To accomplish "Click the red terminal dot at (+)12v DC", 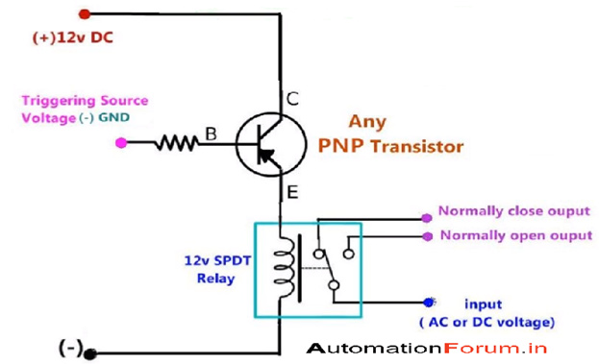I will tap(85, 14).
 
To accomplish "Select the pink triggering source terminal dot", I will tap(120, 143).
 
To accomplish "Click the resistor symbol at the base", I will tap(177, 143).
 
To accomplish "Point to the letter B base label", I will tap(210, 135).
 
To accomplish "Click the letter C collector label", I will tap(292, 98).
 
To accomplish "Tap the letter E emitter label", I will tap(292, 193).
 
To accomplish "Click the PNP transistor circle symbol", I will tap(268, 145).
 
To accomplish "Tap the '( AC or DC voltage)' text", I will tap(487, 322).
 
